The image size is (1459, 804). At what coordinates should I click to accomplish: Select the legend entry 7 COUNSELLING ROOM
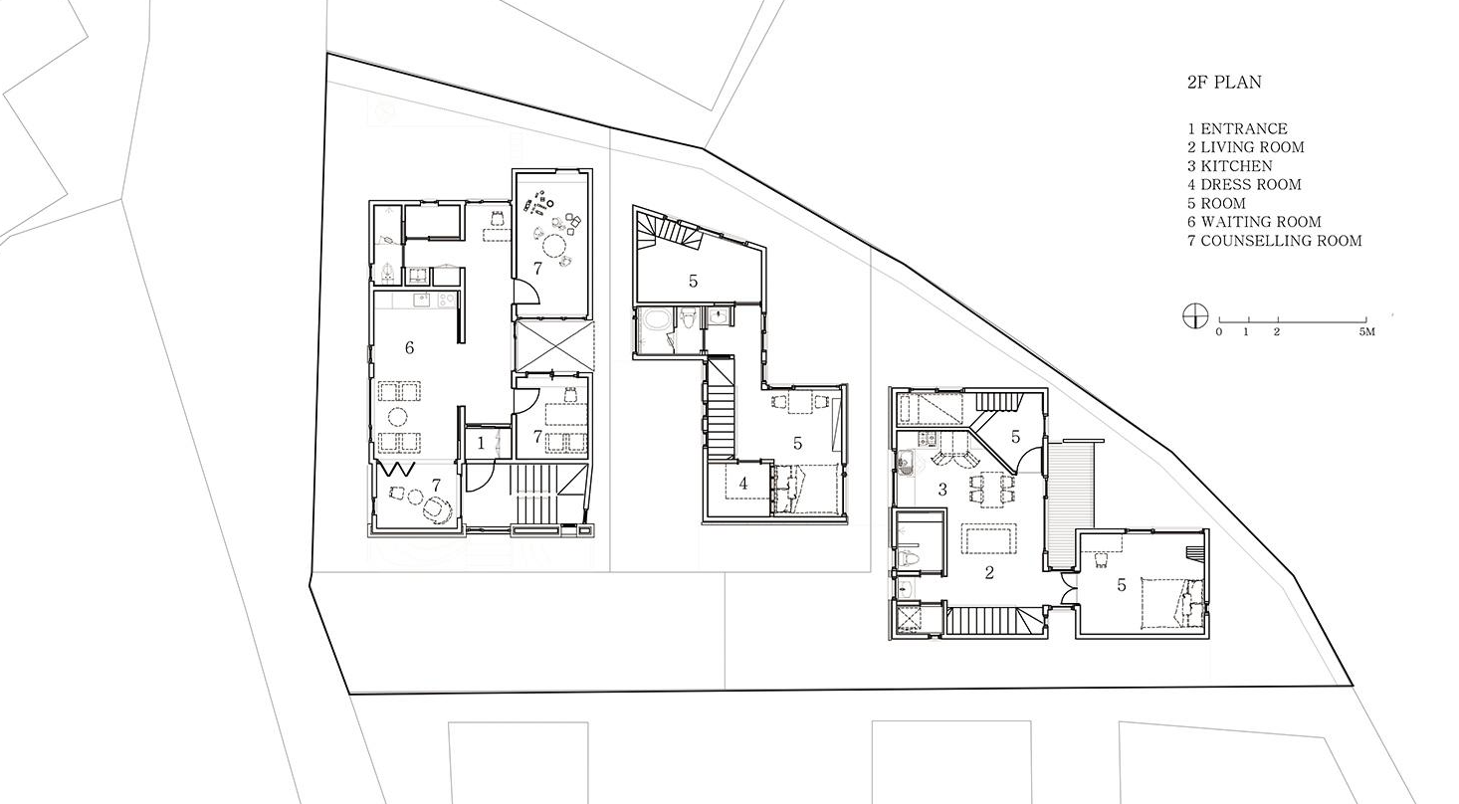(x=1274, y=241)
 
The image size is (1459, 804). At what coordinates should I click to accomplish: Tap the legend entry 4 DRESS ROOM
(x=1243, y=185)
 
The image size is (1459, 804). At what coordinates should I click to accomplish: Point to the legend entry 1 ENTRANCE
(x=1237, y=129)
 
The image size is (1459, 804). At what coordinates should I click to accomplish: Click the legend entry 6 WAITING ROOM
(x=1254, y=222)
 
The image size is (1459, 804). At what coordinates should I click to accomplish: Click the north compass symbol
(x=1195, y=316)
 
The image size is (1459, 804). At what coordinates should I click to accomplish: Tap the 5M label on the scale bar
(x=1367, y=332)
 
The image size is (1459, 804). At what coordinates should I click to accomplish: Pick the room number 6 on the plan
(x=409, y=347)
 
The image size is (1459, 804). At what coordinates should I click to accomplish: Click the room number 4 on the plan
(x=743, y=483)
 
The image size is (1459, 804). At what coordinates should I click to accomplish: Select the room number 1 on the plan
(x=481, y=444)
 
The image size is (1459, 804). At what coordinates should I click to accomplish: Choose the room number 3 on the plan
(x=941, y=490)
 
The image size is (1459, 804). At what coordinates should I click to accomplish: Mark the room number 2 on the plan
(x=989, y=573)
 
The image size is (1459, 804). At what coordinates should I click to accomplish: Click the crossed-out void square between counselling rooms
(x=553, y=345)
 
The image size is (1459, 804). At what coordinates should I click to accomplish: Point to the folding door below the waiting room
(x=397, y=470)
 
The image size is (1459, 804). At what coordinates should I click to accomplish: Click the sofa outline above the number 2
(x=989, y=539)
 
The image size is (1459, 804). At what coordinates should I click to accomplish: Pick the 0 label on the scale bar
(x=1219, y=332)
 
